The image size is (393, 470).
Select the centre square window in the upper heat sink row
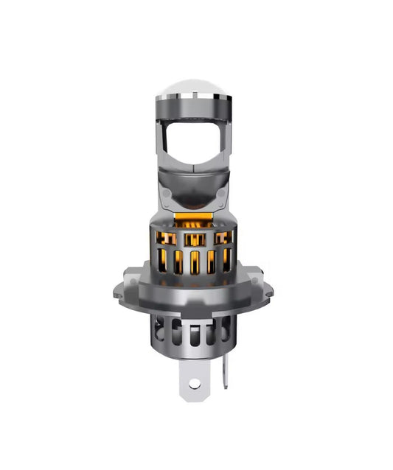point(195,239)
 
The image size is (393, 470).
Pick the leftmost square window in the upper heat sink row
point(167,239)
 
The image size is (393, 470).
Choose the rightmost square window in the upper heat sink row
point(222,238)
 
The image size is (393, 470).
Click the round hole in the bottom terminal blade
point(195,384)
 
